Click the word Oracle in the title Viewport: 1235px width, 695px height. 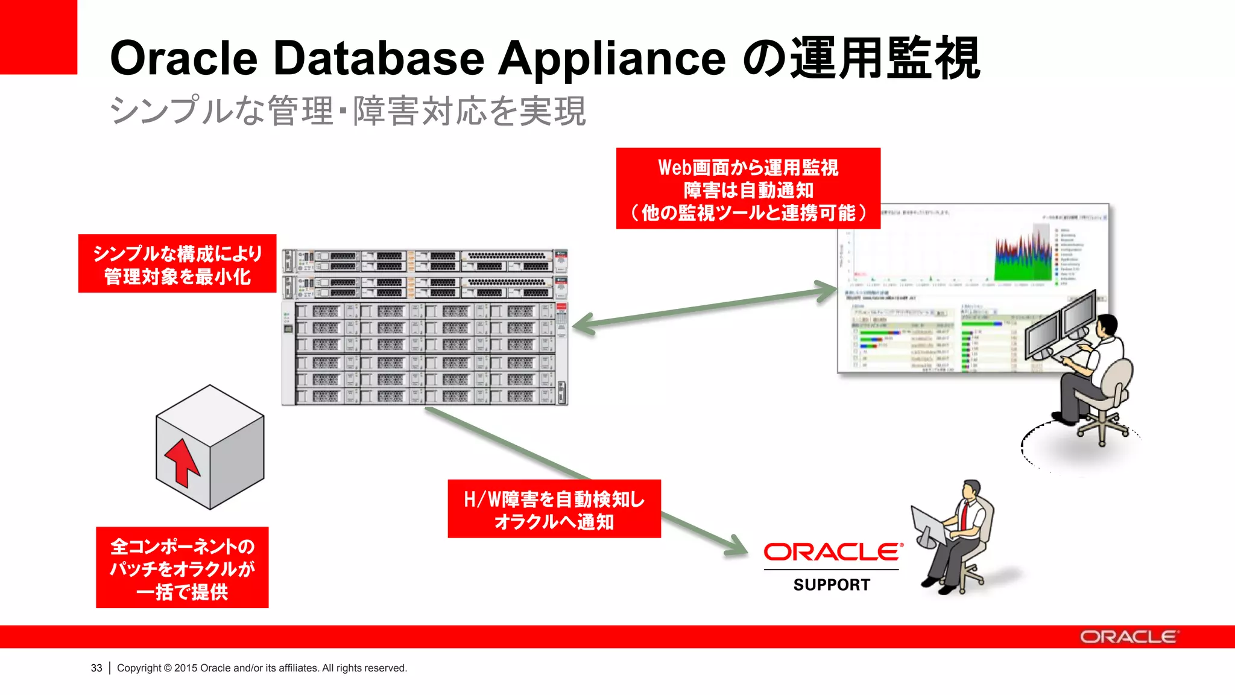183,59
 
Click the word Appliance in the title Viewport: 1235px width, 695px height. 611,59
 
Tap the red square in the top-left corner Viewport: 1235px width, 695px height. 38,36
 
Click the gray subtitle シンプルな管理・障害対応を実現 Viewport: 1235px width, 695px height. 347,111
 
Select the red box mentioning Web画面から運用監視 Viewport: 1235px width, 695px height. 748,189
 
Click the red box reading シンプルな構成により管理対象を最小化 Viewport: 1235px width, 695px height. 177,264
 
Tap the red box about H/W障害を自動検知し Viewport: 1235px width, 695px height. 554,509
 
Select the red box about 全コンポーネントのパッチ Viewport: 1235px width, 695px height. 182,568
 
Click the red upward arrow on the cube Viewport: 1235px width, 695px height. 182,462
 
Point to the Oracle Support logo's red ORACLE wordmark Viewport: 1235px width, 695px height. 832,552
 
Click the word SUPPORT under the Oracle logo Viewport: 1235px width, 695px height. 832,585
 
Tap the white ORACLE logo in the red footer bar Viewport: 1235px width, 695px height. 1128,637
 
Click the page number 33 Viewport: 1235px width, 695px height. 96,668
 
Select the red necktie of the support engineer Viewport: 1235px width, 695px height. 965,513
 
